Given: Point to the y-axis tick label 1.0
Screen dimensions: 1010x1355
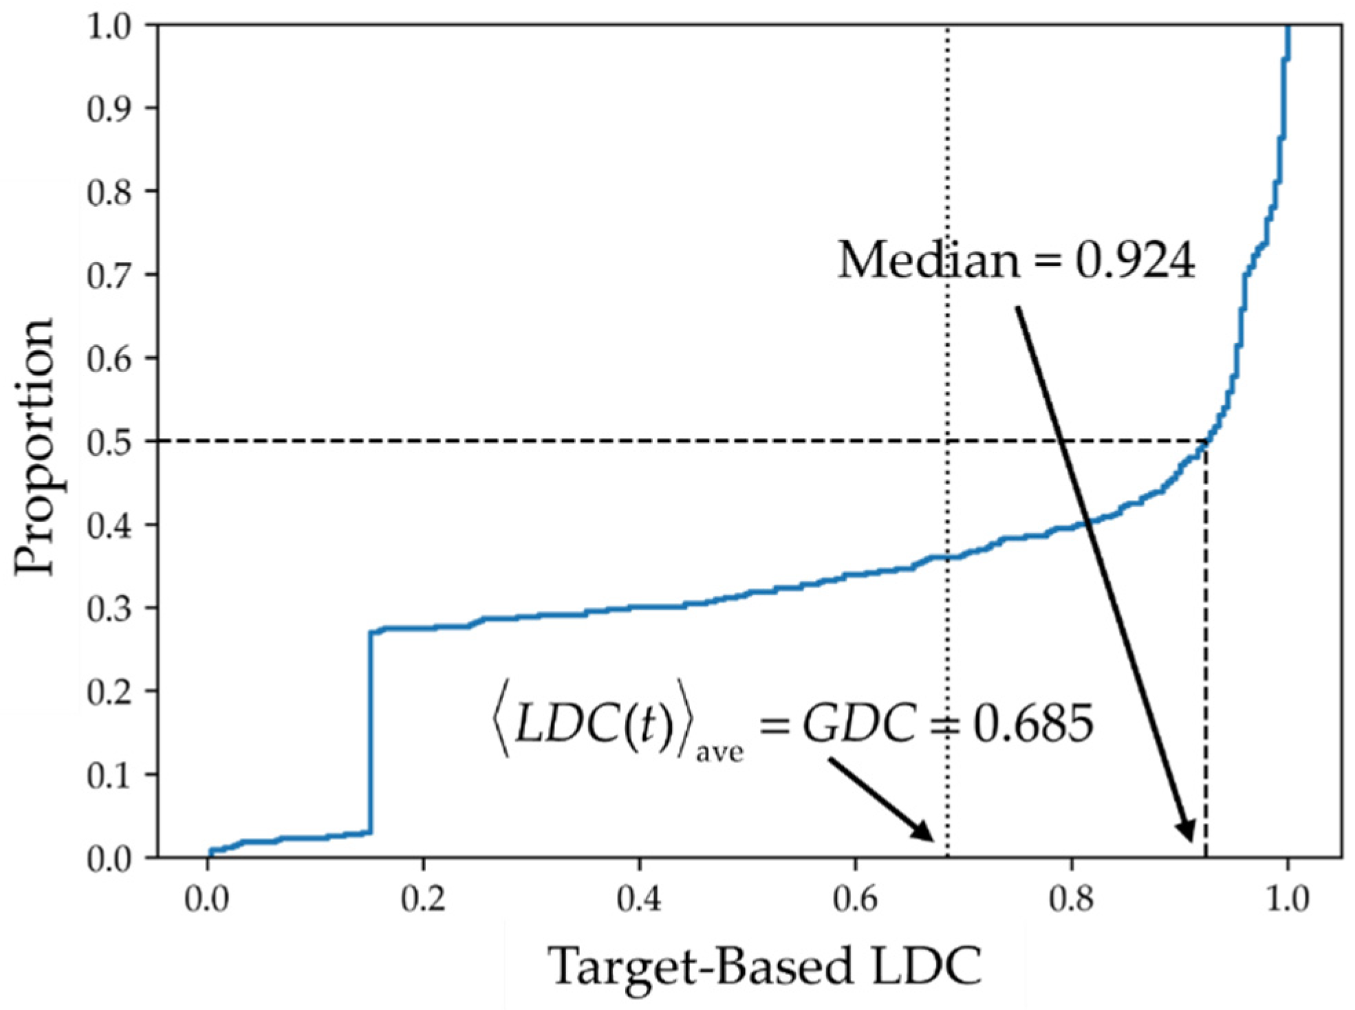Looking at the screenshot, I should point(110,28).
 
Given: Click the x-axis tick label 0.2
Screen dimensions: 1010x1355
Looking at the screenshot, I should point(423,899).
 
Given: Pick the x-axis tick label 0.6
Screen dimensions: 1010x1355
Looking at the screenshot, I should point(855,899).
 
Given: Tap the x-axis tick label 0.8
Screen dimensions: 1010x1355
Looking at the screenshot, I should point(1071,899).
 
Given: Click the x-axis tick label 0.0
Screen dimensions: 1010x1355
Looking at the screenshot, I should point(206,899).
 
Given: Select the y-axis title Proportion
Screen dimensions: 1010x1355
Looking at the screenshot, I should point(34,447).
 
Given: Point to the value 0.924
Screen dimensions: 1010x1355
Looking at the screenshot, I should point(1135,261).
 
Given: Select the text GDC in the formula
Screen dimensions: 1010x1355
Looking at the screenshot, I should point(860,723).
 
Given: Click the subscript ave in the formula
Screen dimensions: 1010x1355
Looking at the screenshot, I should point(719,751).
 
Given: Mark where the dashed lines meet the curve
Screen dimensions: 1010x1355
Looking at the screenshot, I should point(1206,441).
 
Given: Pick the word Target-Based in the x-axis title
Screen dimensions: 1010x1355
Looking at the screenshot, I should point(702,966).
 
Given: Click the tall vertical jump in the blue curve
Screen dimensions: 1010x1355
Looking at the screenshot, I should point(371,729).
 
